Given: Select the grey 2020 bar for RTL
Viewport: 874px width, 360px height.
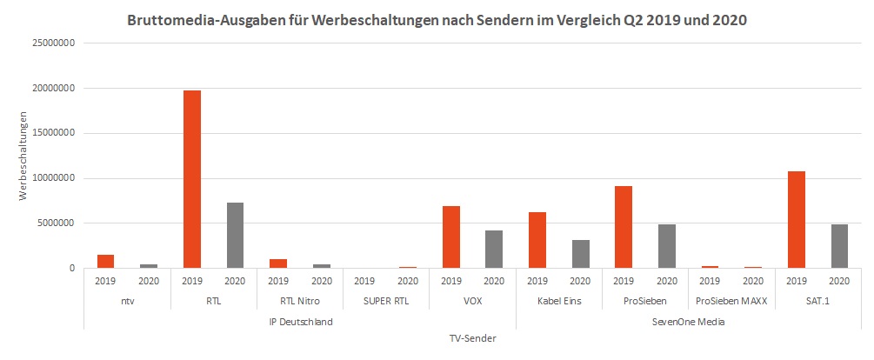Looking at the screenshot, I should click(235, 235).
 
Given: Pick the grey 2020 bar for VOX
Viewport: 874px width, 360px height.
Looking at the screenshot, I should click(494, 249).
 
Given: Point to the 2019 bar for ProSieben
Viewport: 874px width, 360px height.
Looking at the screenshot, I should click(623, 227).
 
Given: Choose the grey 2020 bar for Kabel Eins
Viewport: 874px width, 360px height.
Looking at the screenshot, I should click(580, 254).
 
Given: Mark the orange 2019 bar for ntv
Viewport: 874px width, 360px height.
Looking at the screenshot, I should click(105, 261).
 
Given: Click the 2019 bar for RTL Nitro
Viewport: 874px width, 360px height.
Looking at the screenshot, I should click(278, 263).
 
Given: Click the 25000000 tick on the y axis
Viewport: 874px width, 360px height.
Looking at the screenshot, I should click(51, 43).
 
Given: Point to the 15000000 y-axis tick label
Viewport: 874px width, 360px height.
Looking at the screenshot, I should click(51, 133).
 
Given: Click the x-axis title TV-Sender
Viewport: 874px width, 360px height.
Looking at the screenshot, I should click(472, 339).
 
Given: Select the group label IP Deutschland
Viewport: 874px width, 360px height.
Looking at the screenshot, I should click(300, 322).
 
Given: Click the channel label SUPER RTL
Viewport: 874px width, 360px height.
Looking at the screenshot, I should click(386, 302).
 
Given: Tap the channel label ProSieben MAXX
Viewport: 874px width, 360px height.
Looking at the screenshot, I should click(731, 302).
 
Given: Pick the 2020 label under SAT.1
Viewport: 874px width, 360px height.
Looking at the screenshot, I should click(839, 281).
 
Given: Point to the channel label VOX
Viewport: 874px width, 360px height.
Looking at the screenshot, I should click(472, 302).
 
